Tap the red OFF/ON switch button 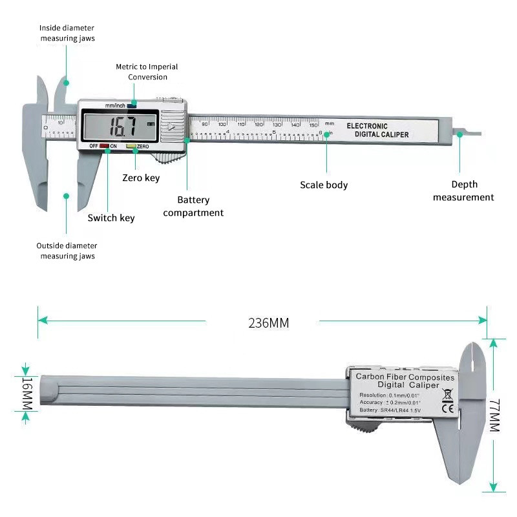pos(103,146)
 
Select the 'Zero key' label pos(141,178)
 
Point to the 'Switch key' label pos(111,218)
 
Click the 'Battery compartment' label pos(193,206)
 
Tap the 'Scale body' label pos(324,185)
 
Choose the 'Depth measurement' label pos(463,191)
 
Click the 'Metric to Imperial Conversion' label pos(147,72)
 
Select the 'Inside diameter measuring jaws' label pos(67,33)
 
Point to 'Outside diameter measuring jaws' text pos(67,251)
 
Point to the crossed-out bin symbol pos(446,392)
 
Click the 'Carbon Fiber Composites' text pos(405,376)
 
